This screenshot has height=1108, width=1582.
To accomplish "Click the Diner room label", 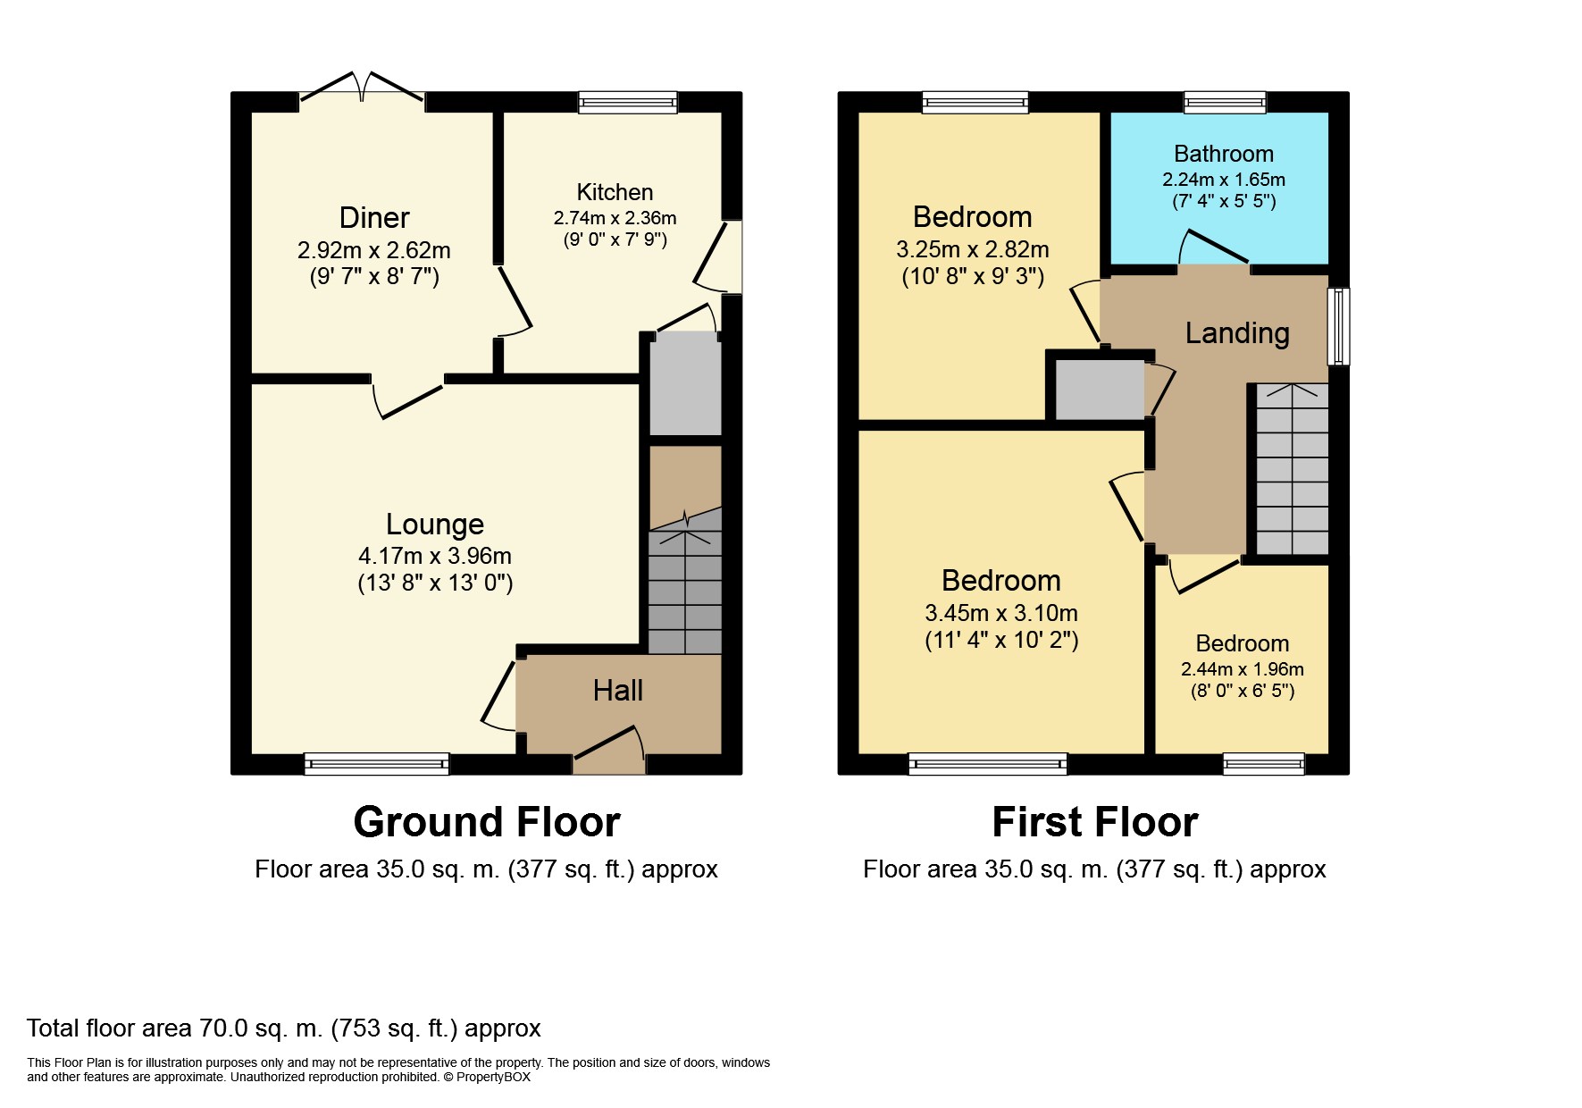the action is point(374,217).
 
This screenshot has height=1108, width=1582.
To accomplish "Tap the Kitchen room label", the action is point(615,192).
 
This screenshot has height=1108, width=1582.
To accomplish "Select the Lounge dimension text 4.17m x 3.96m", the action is point(435,556).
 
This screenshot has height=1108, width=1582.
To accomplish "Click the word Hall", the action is point(618,690).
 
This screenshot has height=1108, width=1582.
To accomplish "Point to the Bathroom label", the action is point(1224,154).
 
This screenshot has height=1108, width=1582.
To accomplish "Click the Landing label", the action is point(1237,333).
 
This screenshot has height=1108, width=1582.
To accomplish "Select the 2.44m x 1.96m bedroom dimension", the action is point(1243,669).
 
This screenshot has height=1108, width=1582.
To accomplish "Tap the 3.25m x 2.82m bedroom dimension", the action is point(973,249).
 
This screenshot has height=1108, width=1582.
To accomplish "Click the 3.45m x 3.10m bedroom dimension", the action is point(1001,613).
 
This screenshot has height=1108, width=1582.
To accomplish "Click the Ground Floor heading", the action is point(487,822).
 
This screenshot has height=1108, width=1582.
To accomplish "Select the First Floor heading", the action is point(1095,822).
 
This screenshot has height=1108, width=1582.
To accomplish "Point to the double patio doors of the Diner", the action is point(362,88).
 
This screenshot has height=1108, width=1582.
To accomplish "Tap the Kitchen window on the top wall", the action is point(627,102).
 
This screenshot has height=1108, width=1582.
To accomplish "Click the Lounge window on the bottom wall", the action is point(377,764).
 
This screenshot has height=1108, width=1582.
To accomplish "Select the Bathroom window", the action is point(1225,102).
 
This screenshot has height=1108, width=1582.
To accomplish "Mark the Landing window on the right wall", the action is point(1338,326).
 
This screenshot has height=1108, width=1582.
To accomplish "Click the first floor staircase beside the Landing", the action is point(1293,469).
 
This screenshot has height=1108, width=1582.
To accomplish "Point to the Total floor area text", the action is point(284,1028).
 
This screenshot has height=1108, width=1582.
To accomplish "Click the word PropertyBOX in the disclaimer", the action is point(493,1077).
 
